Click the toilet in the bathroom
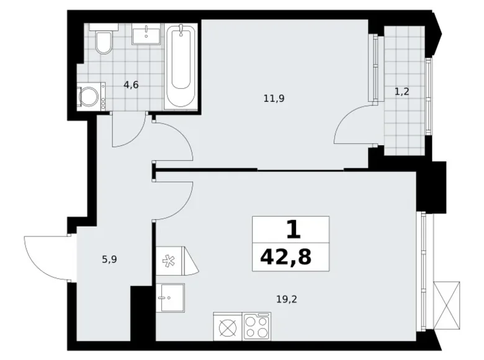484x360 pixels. click(x=103, y=40)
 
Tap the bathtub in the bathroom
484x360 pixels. click(x=181, y=67)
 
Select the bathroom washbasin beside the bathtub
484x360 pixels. click(x=147, y=35)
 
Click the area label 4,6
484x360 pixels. click(x=131, y=86)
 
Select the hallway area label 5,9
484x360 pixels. click(x=110, y=259)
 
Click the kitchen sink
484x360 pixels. click(x=170, y=299)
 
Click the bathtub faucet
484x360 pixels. click(x=181, y=30)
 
